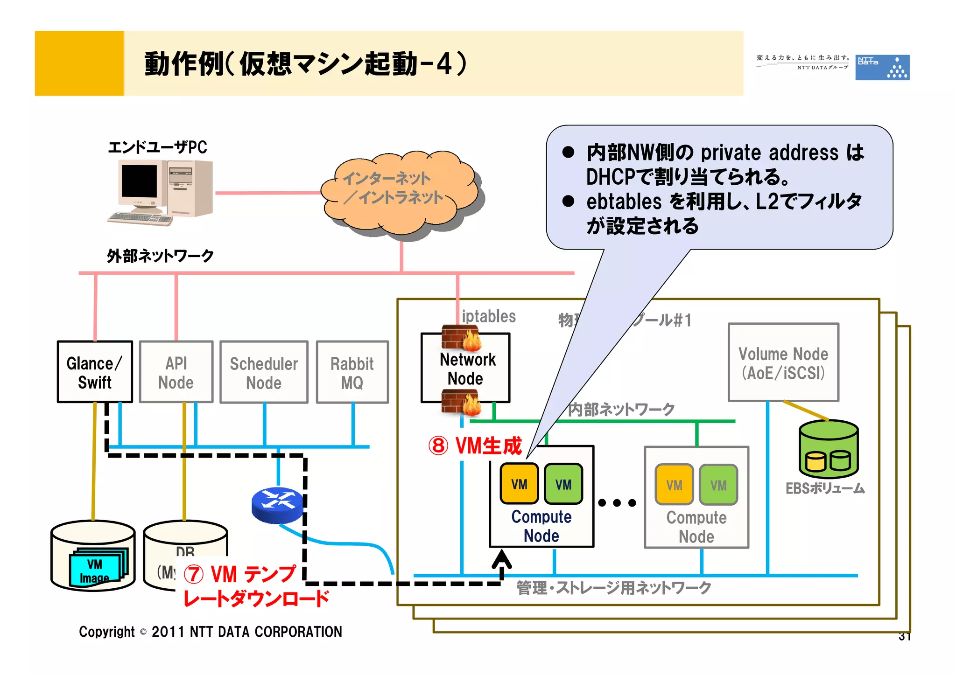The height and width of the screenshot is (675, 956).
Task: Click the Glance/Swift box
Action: click(95, 372)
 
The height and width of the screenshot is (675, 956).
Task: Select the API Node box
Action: click(176, 372)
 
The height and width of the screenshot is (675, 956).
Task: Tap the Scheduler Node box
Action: click(264, 372)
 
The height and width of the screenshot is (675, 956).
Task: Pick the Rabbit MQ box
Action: click(352, 372)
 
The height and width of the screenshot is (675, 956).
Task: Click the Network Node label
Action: click(467, 369)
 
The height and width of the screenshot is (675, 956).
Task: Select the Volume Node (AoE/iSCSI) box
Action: click(783, 362)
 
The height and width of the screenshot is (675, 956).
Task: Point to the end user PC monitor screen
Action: click(139, 181)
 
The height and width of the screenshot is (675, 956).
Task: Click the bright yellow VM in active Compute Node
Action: click(519, 484)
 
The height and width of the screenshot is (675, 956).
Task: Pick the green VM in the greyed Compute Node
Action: click(718, 485)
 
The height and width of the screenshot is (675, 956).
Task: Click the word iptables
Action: click(488, 316)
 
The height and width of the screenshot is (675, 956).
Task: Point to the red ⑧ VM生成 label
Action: click(475, 445)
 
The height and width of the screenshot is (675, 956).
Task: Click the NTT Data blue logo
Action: click(882, 68)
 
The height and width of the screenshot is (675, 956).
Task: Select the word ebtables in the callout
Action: click(624, 202)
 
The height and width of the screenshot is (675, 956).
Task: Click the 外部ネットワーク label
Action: click(160, 256)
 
